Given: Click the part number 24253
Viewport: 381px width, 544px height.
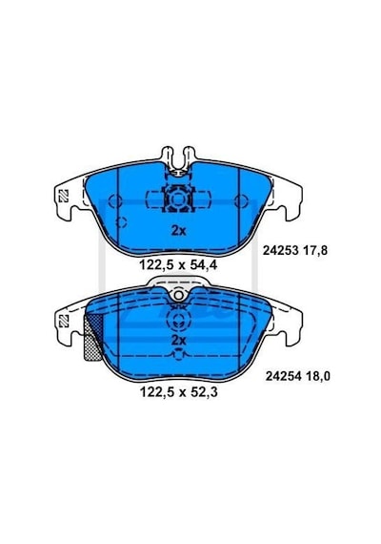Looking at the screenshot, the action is (281, 250).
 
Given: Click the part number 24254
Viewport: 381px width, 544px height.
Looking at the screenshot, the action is (283, 376).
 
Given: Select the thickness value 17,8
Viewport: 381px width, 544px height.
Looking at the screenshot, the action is (314, 250).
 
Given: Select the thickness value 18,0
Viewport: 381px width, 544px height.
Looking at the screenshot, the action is (317, 376).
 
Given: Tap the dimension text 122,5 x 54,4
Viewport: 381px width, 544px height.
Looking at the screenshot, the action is (178, 265).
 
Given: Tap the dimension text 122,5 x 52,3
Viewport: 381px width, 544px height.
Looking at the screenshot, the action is (179, 392).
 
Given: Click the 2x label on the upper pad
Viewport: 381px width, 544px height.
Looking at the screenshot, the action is (179, 231).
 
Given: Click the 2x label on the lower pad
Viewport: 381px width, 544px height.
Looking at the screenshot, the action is (179, 340).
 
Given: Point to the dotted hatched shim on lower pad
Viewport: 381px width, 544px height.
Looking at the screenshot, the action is (92, 338).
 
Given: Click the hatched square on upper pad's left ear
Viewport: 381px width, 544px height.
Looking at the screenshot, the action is (64, 196).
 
